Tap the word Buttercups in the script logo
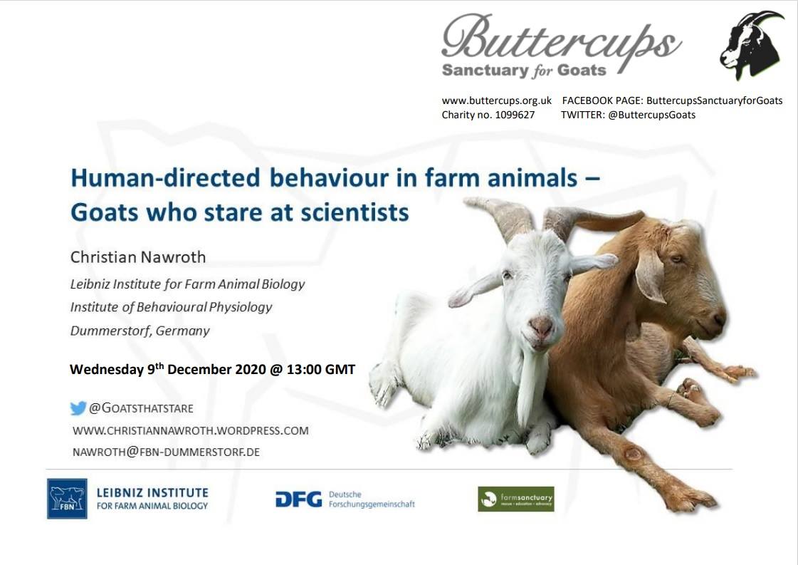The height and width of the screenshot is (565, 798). pyautogui.click(x=561, y=39)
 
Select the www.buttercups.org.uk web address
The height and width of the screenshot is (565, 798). pyautogui.click(x=496, y=100)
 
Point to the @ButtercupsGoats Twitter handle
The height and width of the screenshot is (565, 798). pyautogui.click(x=651, y=115)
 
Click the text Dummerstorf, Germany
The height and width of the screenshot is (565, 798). pyautogui.click(x=140, y=331)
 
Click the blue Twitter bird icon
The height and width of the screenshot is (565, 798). pyautogui.click(x=78, y=408)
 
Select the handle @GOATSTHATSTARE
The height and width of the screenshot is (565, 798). pyautogui.click(x=141, y=408)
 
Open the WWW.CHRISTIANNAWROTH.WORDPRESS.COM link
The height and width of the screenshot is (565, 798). pyautogui.click(x=190, y=430)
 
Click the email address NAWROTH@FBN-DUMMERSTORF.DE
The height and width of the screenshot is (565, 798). pyautogui.click(x=166, y=452)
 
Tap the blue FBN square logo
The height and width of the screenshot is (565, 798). pyautogui.click(x=67, y=498)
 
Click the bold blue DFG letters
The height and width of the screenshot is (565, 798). pyautogui.click(x=298, y=499)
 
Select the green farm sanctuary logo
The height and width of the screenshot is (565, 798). pyautogui.click(x=515, y=499)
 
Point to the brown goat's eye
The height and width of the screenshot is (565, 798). pyautogui.click(x=675, y=259)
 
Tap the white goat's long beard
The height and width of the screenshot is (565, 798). pyautogui.click(x=527, y=388)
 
